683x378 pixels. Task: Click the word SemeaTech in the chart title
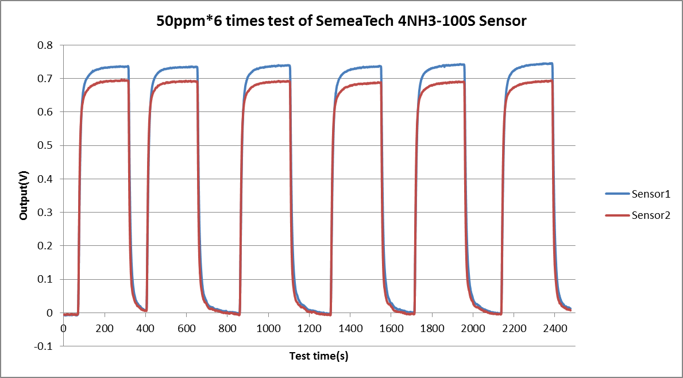coord(356,22)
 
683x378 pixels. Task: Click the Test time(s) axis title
coord(319,356)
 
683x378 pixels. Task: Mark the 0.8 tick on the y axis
coord(45,45)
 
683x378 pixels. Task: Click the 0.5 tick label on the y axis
coord(45,145)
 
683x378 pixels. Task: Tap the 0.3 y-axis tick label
coord(45,213)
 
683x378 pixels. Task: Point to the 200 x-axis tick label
coord(105,327)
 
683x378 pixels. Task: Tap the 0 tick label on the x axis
coord(63,327)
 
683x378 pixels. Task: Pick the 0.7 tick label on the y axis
coord(45,78)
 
